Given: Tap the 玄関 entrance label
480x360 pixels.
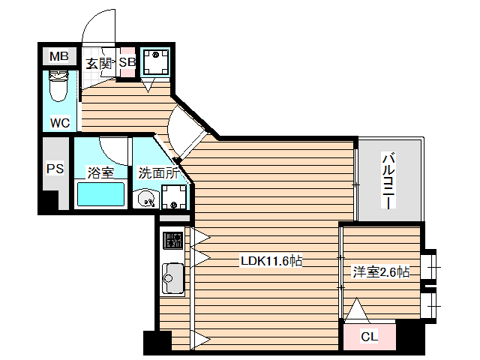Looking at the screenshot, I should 97,63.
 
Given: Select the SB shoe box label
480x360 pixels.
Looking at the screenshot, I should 127,63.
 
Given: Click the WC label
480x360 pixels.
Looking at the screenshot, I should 60,122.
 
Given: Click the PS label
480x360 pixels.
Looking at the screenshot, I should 55,169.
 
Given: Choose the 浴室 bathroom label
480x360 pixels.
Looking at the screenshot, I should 100,173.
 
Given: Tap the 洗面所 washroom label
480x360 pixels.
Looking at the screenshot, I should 158,173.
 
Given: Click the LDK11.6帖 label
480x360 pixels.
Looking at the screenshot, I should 271,262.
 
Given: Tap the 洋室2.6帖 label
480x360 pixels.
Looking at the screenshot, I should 381,272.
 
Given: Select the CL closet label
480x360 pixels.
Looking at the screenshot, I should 369,337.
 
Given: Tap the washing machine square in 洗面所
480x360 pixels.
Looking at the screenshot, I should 175,199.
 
